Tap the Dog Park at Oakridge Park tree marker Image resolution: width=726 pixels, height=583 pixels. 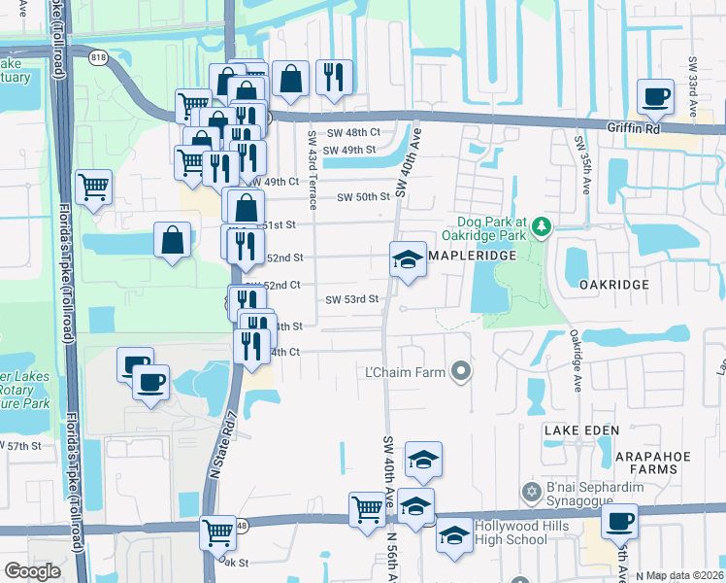coord(541,229)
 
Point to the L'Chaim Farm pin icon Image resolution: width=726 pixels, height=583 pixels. coord(462,371)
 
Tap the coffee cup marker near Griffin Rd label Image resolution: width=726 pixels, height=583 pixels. coord(654,96)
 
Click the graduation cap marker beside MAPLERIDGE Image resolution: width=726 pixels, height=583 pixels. coord(409,258)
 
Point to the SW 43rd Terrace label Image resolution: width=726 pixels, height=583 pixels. coord(313,171)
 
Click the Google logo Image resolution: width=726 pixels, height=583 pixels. coord(32,570)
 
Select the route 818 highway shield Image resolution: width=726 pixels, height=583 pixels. coord(99,57)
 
